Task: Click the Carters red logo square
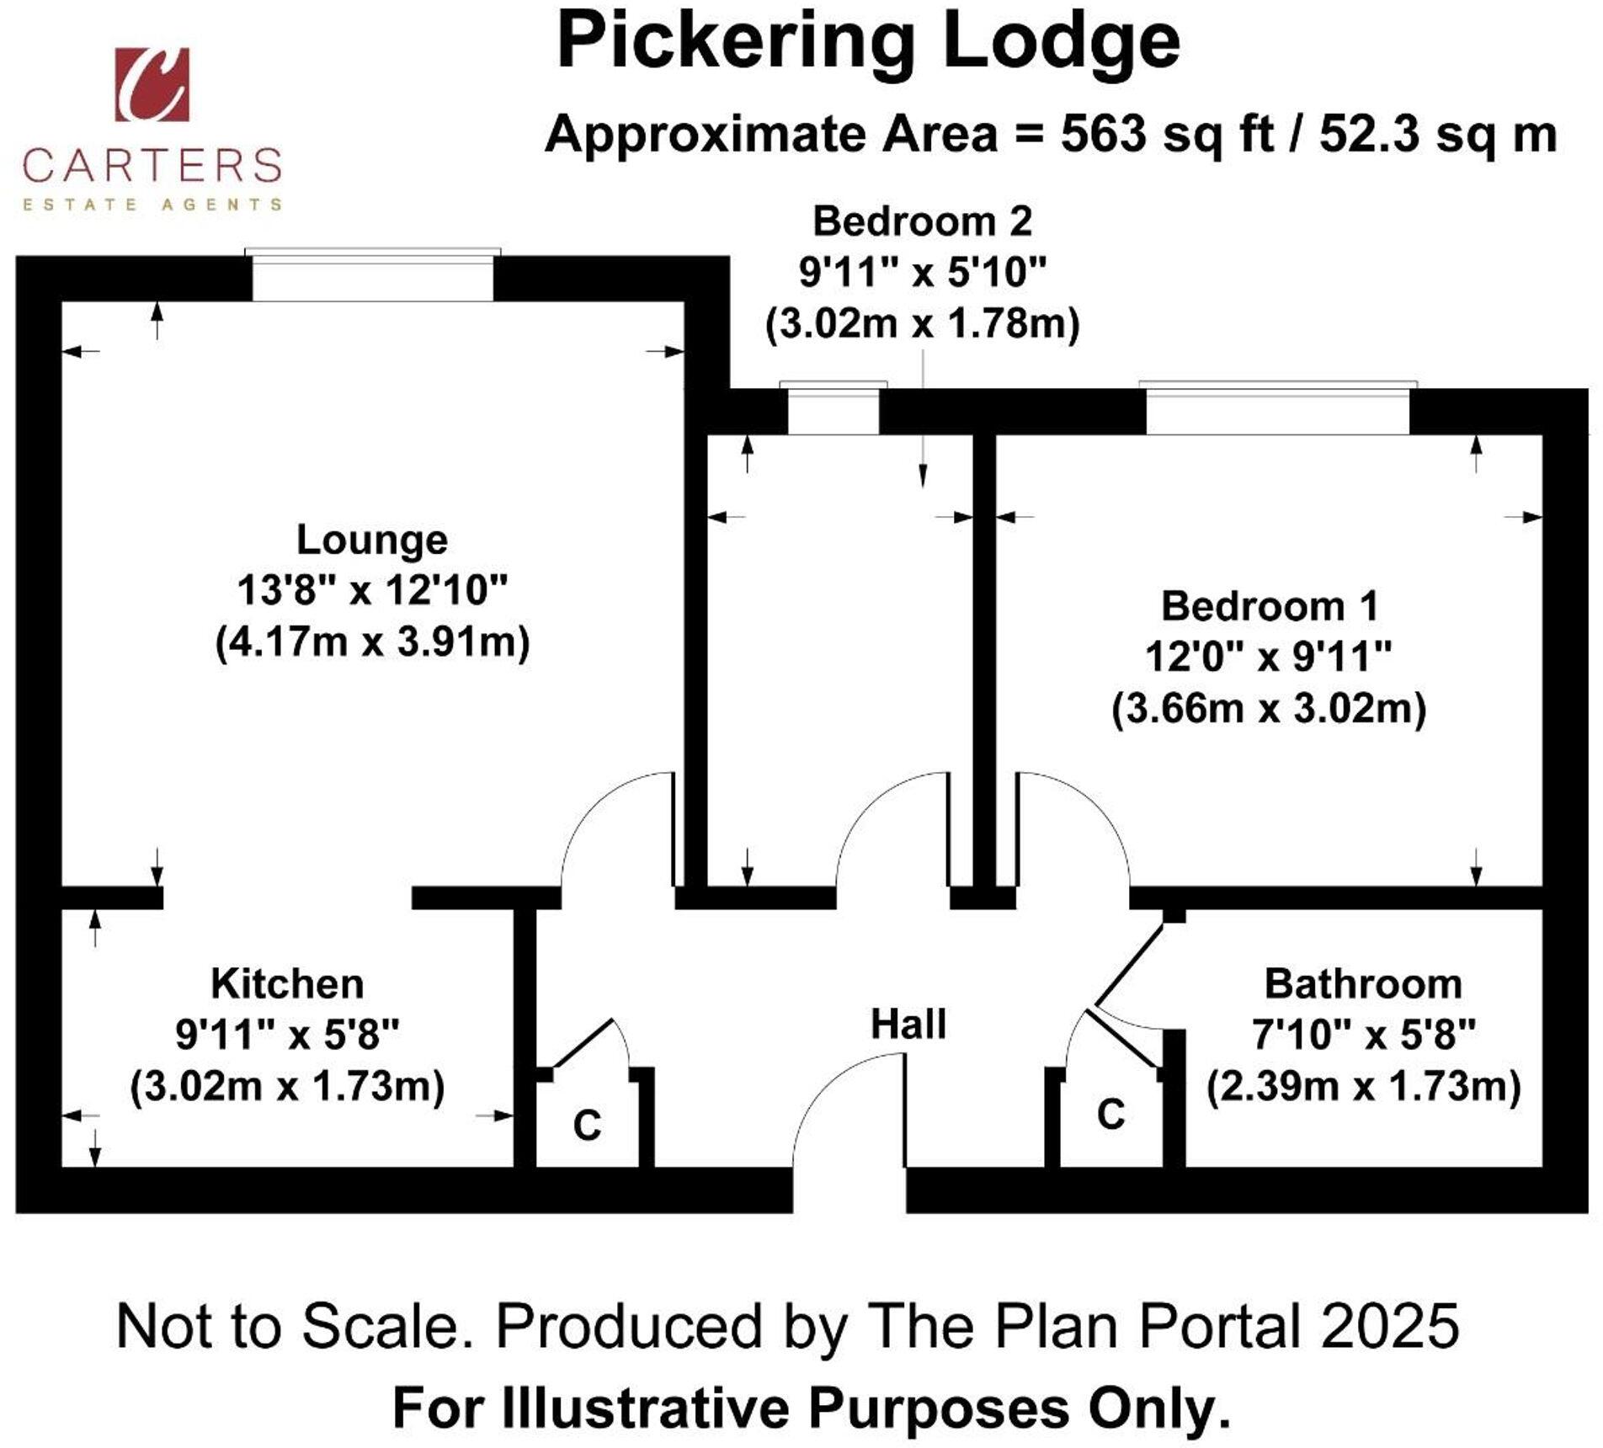(x=152, y=84)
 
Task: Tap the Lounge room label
(x=371, y=540)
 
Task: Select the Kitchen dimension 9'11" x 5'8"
(x=286, y=1034)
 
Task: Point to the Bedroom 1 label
(x=1269, y=606)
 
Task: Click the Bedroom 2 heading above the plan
(x=922, y=221)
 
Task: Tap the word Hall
(x=908, y=1024)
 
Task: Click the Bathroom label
(x=1362, y=983)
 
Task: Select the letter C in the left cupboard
(x=587, y=1126)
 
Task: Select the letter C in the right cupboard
(x=1110, y=1114)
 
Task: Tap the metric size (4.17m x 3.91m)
(x=372, y=641)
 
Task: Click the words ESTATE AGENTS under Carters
(x=152, y=204)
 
